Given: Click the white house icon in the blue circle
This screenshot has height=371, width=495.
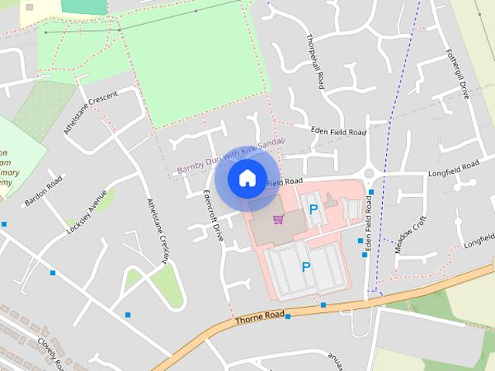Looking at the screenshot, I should (x=247, y=178).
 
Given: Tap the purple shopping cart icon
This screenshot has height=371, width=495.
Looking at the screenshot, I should (x=278, y=220).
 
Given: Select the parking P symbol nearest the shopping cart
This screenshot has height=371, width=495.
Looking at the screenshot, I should (x=313, y=209).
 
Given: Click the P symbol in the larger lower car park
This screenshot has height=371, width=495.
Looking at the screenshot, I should (x=306, y=267).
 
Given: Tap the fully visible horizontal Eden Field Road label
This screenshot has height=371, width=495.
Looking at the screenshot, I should (x=338, y=132).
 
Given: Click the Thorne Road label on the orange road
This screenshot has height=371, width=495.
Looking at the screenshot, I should (x=261, y=318).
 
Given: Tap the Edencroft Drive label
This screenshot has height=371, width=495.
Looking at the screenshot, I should (x=212, y=216).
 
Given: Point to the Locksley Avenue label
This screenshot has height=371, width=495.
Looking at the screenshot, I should (x=86, y=213).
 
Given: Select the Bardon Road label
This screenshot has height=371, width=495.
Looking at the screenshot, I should (x=43, y=192).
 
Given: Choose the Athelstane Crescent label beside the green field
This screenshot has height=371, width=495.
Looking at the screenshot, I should (x=90, y=113).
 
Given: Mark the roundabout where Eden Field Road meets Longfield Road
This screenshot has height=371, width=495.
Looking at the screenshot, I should (x=369, y=174).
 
